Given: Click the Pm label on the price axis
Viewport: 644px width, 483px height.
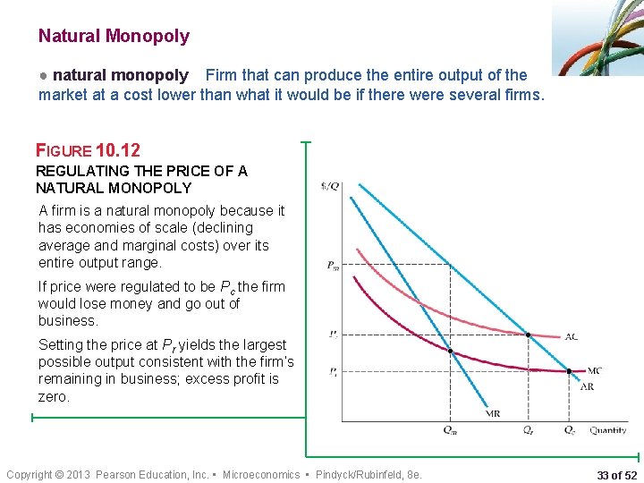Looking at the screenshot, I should (x=333, y=265).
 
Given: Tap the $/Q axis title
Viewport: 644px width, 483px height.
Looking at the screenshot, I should (x=329, y=186).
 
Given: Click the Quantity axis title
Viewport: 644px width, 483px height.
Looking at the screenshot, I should (x=608, y=430).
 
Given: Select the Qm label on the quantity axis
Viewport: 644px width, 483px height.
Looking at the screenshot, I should (x=450, y=430).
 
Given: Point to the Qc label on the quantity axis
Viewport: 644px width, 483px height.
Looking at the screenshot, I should (x=570, y=430).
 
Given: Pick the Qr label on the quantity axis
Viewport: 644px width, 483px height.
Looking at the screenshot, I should (x=530, y=430).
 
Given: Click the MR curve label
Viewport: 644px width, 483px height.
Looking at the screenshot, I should (x=493, y=413).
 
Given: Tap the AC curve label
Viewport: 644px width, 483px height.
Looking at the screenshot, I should (x=572, y=337).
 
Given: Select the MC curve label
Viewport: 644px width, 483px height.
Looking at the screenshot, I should (x=594, y=370).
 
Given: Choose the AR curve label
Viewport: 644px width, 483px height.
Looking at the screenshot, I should (x=588, y=386).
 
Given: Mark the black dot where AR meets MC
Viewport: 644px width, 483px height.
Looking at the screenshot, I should (x=569, y=370).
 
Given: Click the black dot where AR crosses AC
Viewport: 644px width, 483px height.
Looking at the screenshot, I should (x=529, y=335).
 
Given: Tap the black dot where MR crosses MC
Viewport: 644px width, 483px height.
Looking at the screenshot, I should (x=450, y=351).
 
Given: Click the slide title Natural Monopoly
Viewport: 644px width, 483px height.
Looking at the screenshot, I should (x=114, y=37).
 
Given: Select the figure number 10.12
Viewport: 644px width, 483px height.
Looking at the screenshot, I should (x=119, y=150).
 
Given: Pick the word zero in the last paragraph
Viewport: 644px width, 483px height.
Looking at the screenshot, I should (x=54, y=396).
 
